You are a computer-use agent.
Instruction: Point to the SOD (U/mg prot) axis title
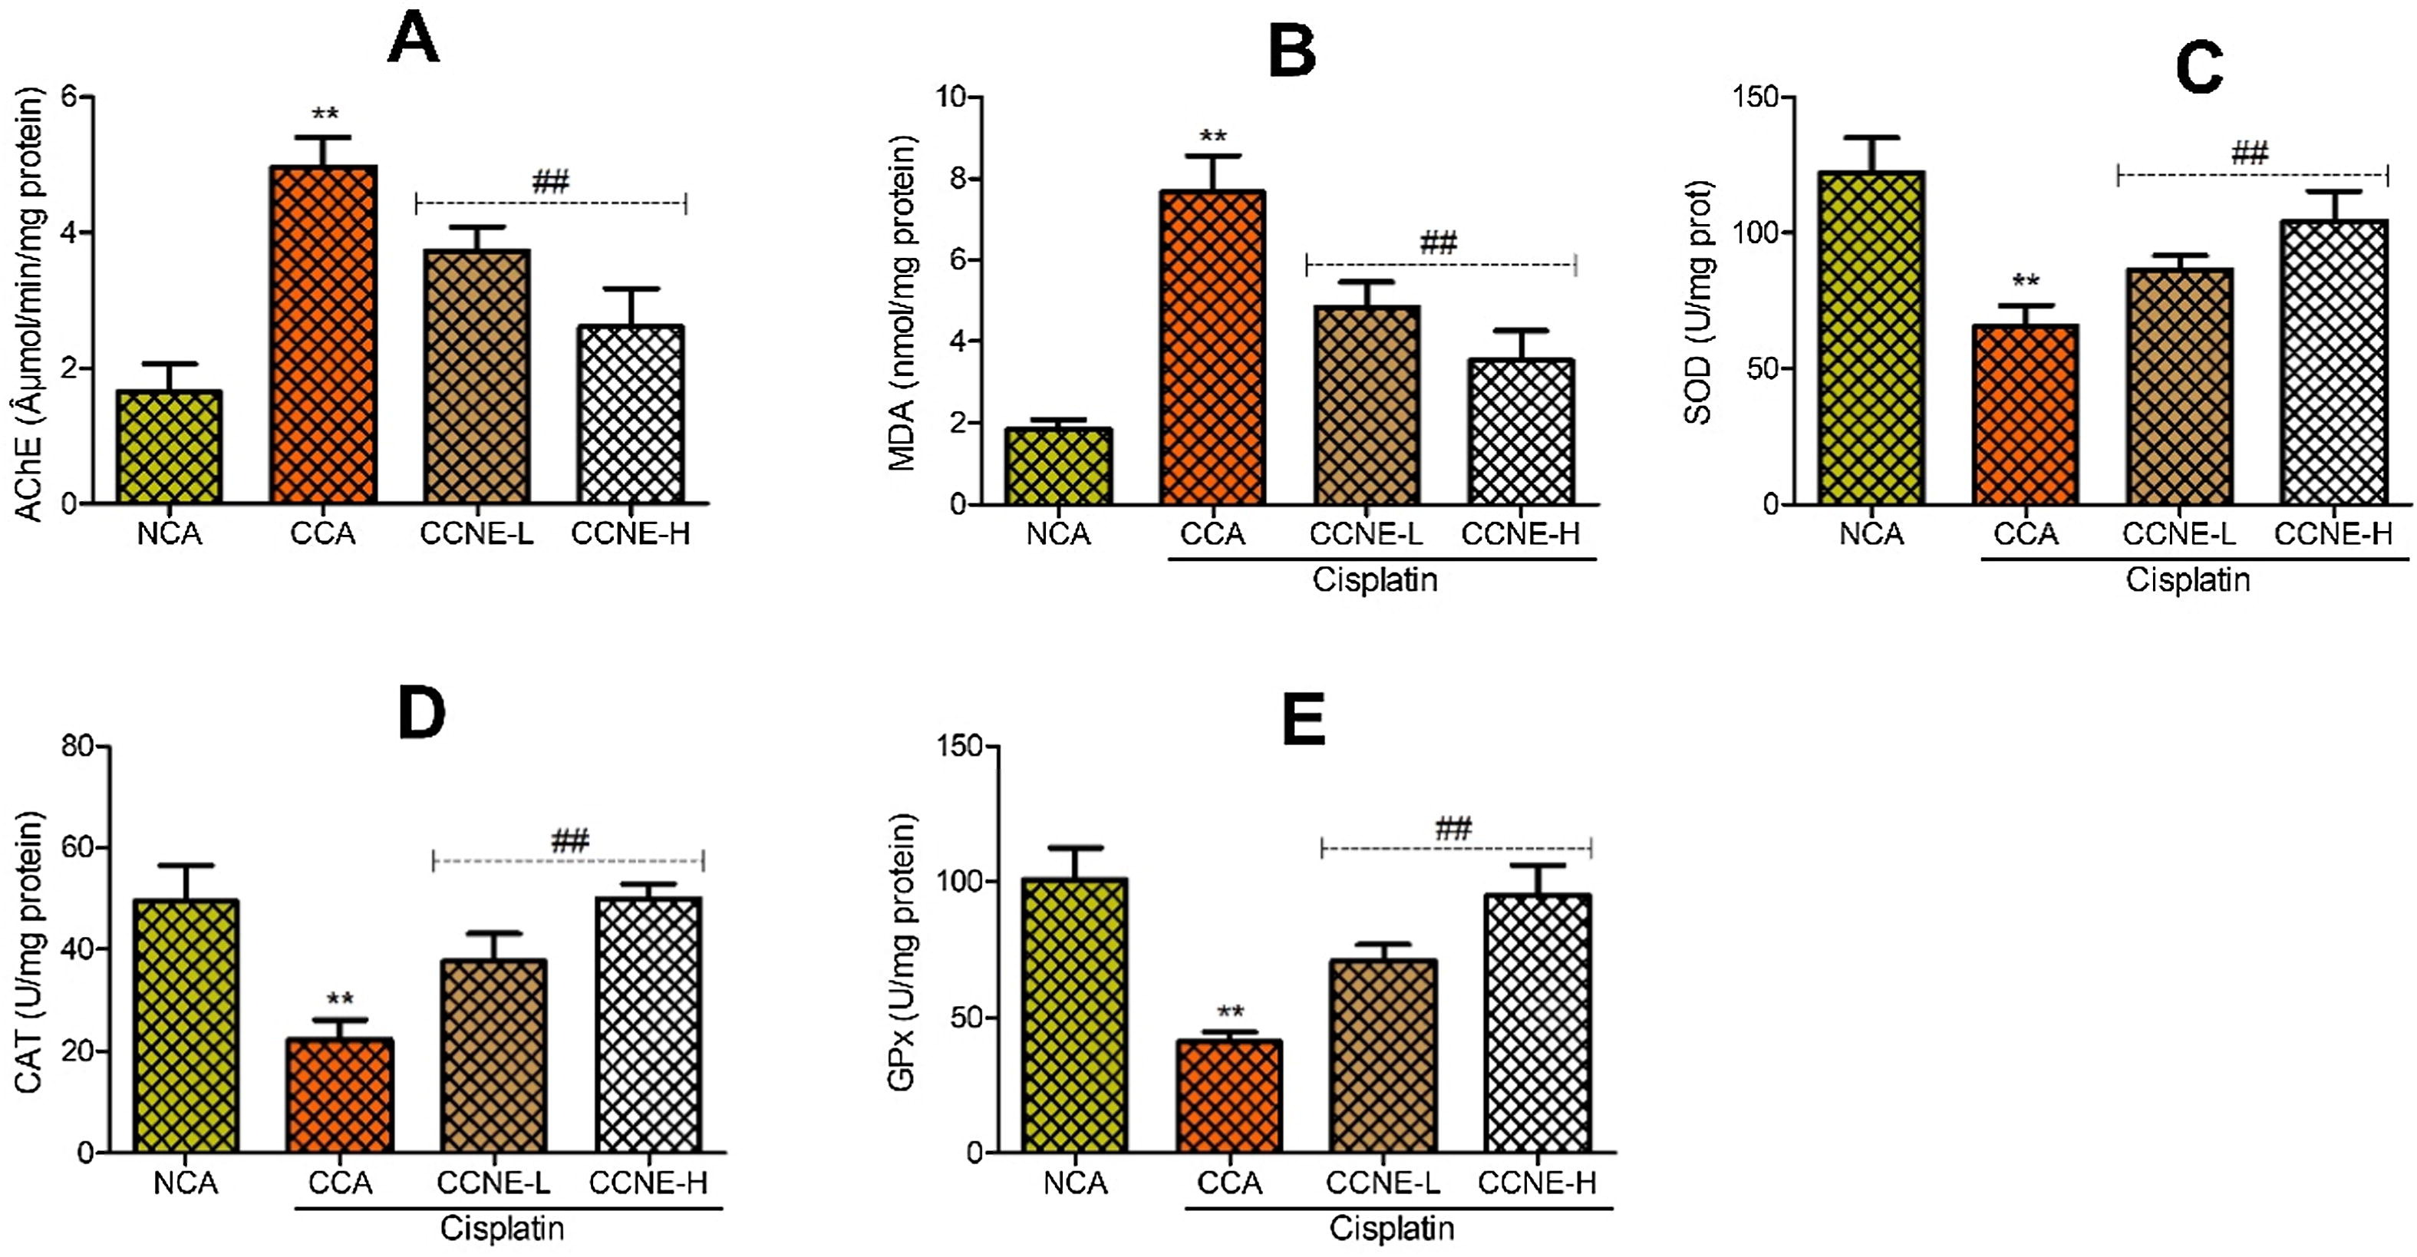(x=1700, y=302)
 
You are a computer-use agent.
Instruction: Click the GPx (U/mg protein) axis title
(x=902, y=953)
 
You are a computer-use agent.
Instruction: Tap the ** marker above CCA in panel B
(x=1212, y=137)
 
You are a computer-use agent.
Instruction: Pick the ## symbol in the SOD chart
(x=2249, y=153)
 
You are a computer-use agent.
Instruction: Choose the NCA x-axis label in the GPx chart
(x=1075, y=1184)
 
